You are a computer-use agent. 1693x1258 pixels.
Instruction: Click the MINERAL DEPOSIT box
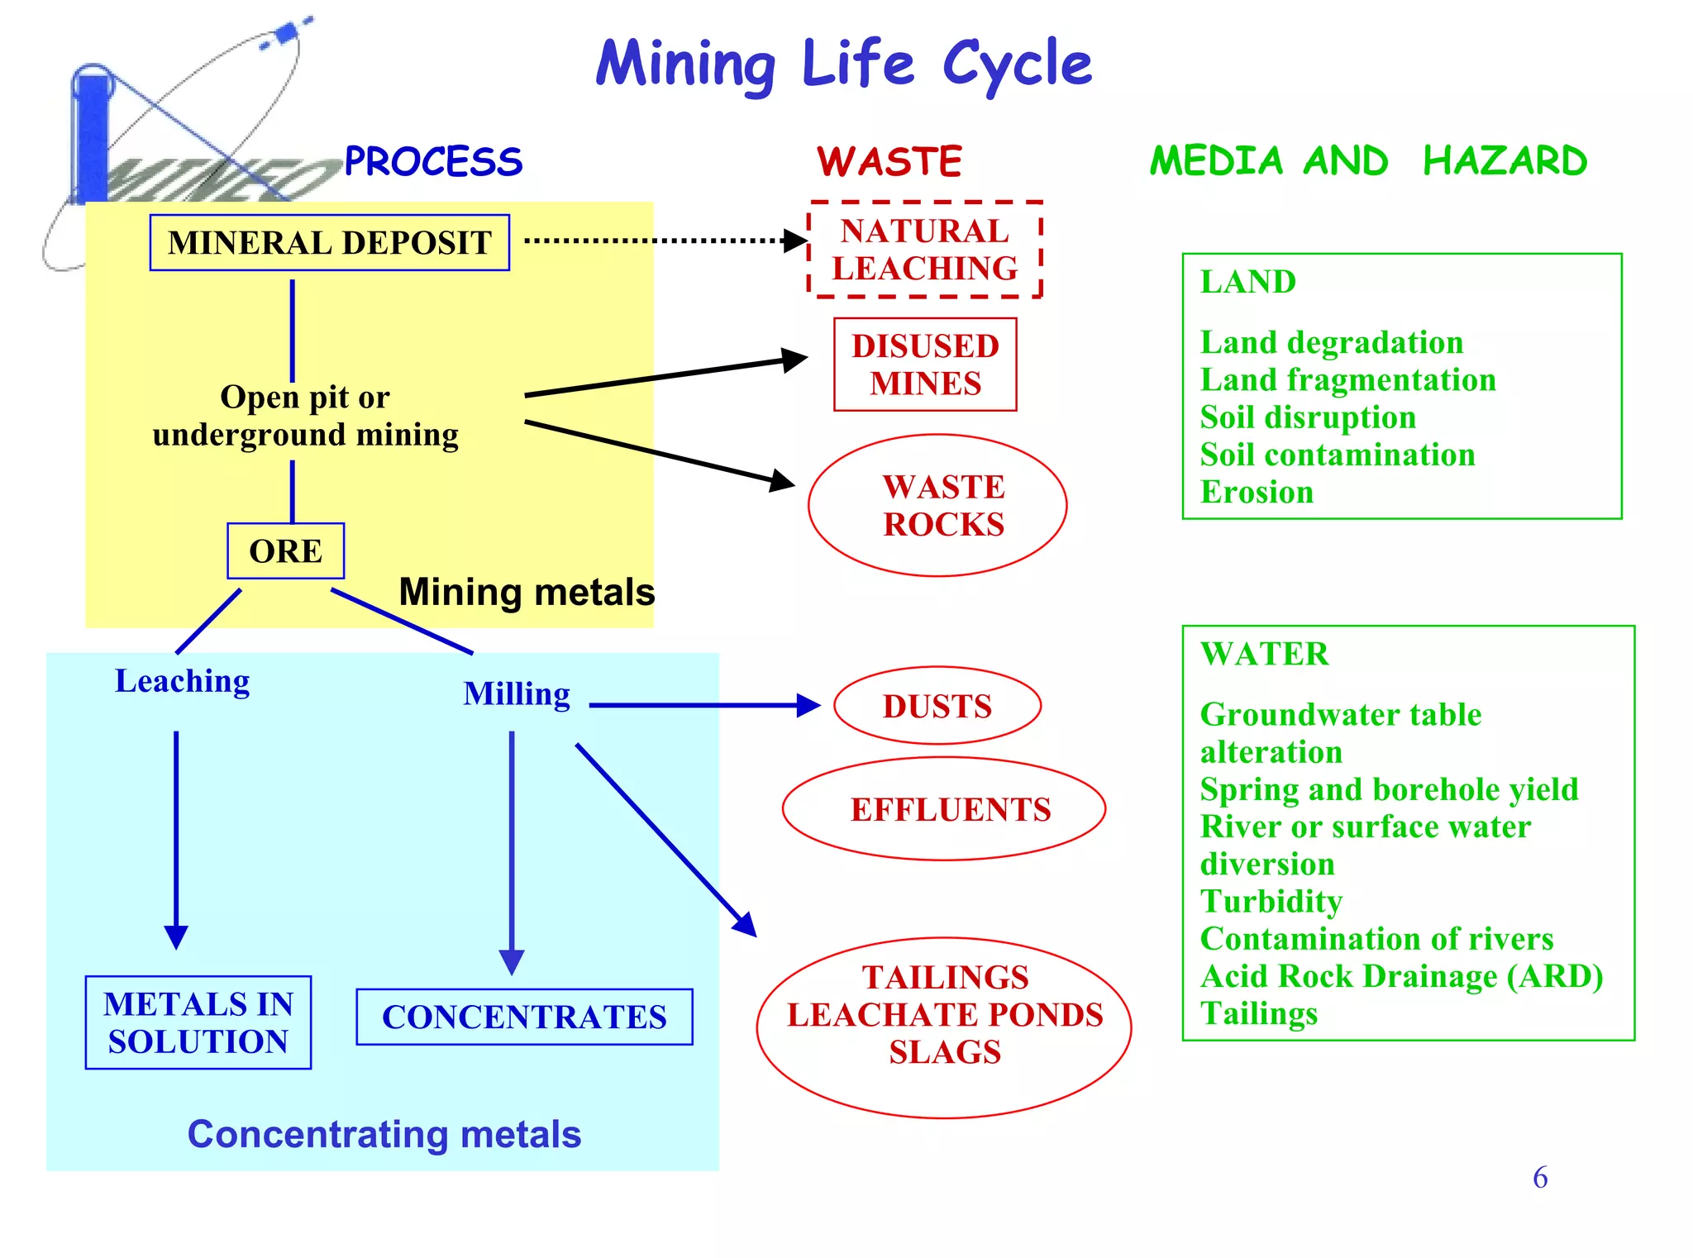click(x=329, y=243)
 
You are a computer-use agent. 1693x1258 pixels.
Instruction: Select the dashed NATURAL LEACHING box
click(x=924, y=249)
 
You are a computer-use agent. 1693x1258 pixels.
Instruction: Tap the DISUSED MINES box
click(x=924, y=365)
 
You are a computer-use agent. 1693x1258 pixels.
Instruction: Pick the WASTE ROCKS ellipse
click(x=937, y=505)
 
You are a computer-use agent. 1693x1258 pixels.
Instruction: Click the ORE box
click(x=285, y=551)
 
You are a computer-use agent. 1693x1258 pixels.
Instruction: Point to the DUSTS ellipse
click(x=937, y=706)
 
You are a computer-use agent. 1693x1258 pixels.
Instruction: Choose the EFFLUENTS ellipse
click(x=944, y=809)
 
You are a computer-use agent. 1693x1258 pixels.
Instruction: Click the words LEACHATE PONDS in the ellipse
click(x=944, y=1015)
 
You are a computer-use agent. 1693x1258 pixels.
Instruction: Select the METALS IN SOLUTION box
click(x=198, y=1022)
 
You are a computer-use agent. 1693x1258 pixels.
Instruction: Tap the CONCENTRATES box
click(x=524, y=1017)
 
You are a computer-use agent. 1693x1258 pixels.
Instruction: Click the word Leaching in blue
click(x=182, y=682)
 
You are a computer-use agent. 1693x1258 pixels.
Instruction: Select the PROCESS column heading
click(x=433, y=162)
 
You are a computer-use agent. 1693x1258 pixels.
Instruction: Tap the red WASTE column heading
click(x=889, y=162)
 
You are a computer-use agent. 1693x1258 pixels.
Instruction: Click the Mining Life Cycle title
click(x=843, y=64)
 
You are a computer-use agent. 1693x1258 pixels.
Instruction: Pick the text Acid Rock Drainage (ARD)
click(x=1401, y=977)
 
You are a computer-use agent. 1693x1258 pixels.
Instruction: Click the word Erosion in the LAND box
click(x=1257, y=493)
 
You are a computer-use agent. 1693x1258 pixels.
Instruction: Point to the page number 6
click(x=1539, y=1178)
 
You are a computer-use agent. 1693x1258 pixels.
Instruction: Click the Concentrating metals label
click(x=384, y=1134)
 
